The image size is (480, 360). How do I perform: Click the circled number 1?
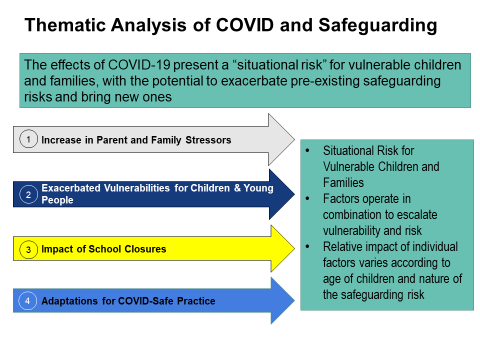click(x=30, y=139)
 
